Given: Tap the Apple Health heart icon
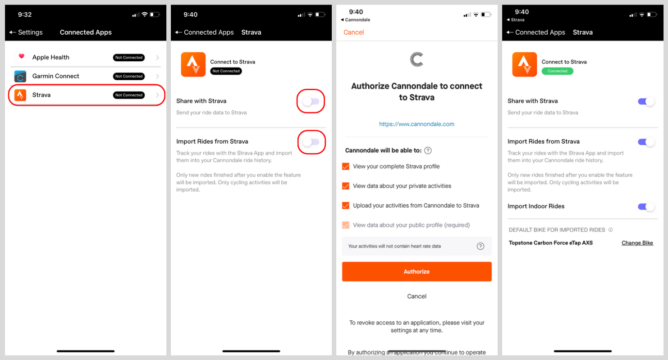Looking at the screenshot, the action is click(x=21, y=57).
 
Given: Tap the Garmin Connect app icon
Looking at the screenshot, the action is click(x=20, y=76).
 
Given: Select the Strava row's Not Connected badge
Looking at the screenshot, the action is click(x=129, y=95).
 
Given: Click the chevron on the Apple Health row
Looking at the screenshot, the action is click(x=157, y=58).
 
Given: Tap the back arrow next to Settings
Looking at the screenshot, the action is click(x=13, y=32).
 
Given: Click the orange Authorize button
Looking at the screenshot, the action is click(x=416, y=272).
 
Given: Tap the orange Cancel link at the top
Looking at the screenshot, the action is click(x=353, y=32).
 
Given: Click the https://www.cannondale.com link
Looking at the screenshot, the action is click(x=416, y=124).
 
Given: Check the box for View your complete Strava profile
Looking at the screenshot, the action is click(x=346, y=166).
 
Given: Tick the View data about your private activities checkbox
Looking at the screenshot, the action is click(x=346, y=186).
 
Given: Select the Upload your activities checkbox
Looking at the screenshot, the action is click(x=346, y=205).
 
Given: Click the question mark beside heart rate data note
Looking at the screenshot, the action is click(x=480, y=246).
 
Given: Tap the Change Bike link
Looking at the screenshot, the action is click(x=637, y=243).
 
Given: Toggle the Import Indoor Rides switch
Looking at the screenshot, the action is click(x=646, y=206).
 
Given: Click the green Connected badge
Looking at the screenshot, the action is click(x=557, y=71).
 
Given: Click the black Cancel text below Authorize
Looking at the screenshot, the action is click(x=416, y=296).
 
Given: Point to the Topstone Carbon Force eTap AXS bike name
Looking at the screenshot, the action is click(x=550, y=243).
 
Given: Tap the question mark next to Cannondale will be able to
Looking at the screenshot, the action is click(x=428, y=150).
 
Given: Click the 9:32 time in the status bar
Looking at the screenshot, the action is click(x=25, y=14).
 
